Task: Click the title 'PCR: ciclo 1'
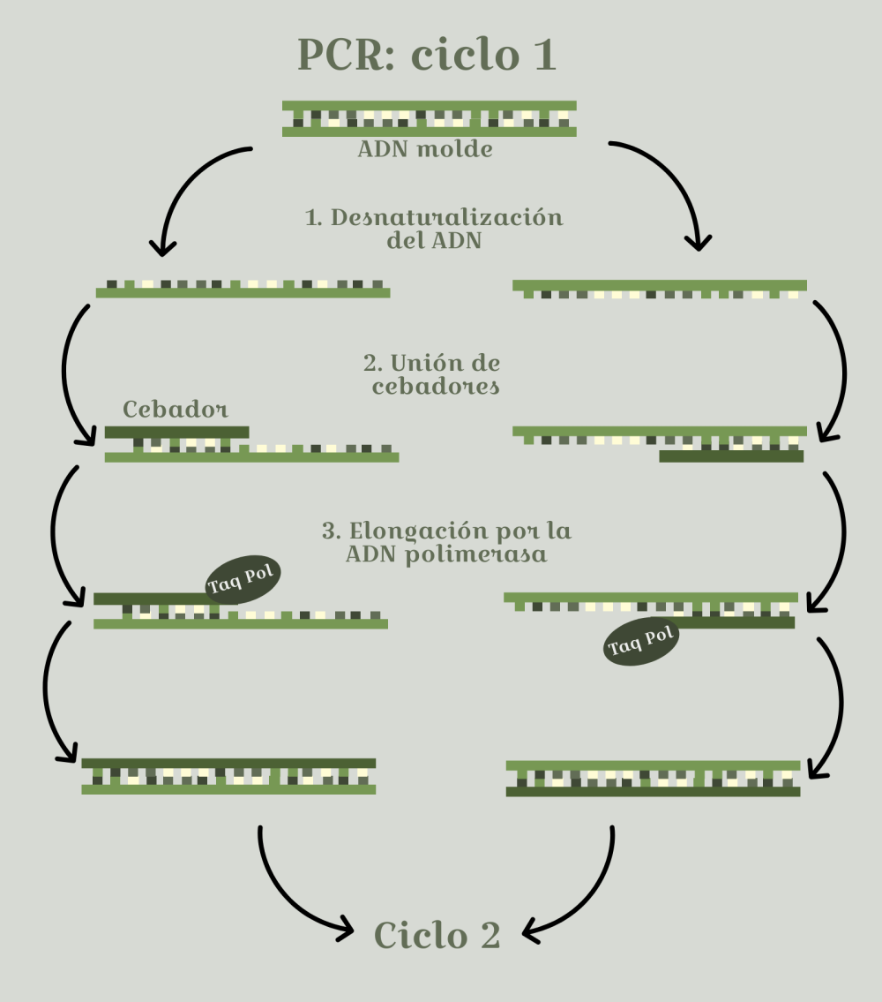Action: point(428,56)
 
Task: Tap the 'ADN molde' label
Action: point(425,150)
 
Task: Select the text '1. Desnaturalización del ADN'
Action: point(434,229)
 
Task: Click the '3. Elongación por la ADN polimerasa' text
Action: point(446,543)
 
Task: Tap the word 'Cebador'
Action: point(176,410)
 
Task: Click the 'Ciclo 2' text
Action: point(437,935)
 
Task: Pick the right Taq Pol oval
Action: point(641,642)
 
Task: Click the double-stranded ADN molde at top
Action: point(430,118)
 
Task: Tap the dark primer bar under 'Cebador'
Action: point(176,433)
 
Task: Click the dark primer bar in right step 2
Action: point(731,456)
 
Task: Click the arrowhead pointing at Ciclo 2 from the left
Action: point(344,928)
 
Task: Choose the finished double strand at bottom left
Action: point(228,775)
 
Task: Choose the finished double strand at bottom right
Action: point(653,778)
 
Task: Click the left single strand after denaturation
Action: point(243,288)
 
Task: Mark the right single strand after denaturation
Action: point(660,289)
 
